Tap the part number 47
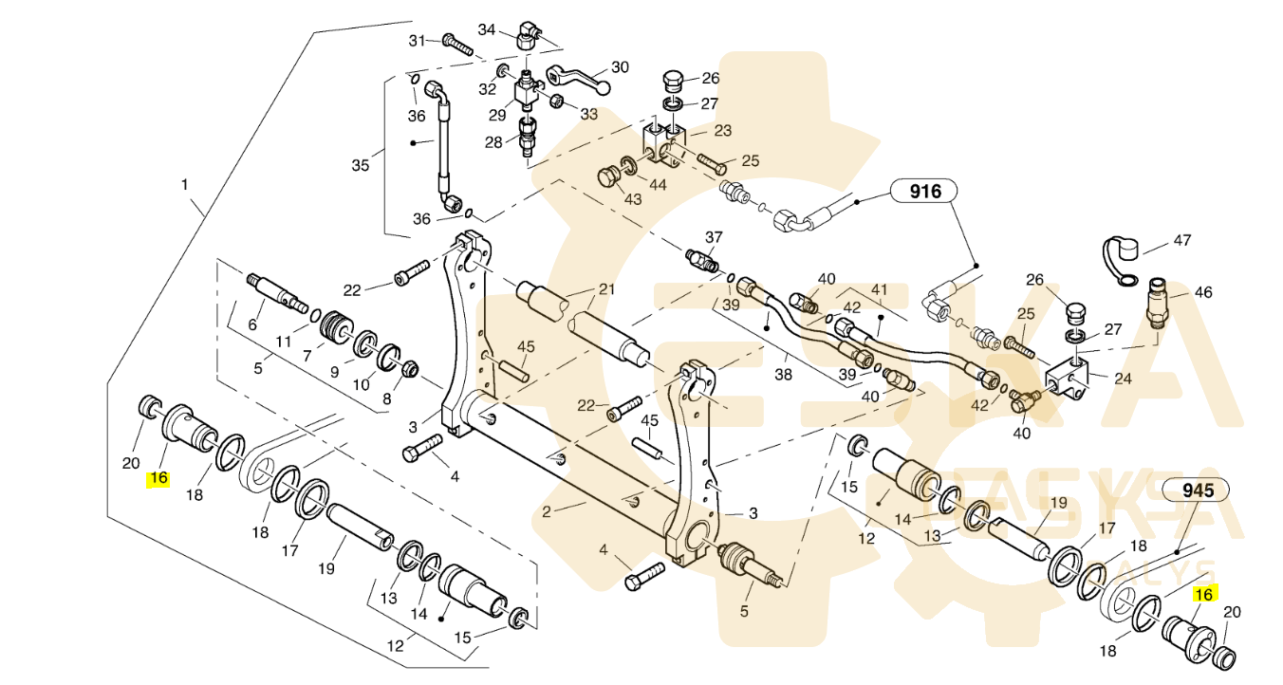point(1181,241)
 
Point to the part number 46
point(1202,293)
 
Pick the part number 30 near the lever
point(620,67)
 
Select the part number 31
point(418,40)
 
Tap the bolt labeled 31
point(457,44)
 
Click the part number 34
point(487,29)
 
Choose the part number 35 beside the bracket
point(360,166)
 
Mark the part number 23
point(723,131)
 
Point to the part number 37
point(714,237)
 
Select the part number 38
point(783,375)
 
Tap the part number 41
point(879,289)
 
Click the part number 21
point(606,289)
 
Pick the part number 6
point(252,324)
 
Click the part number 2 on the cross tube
point(547,510)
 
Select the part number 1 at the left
point(185,185)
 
